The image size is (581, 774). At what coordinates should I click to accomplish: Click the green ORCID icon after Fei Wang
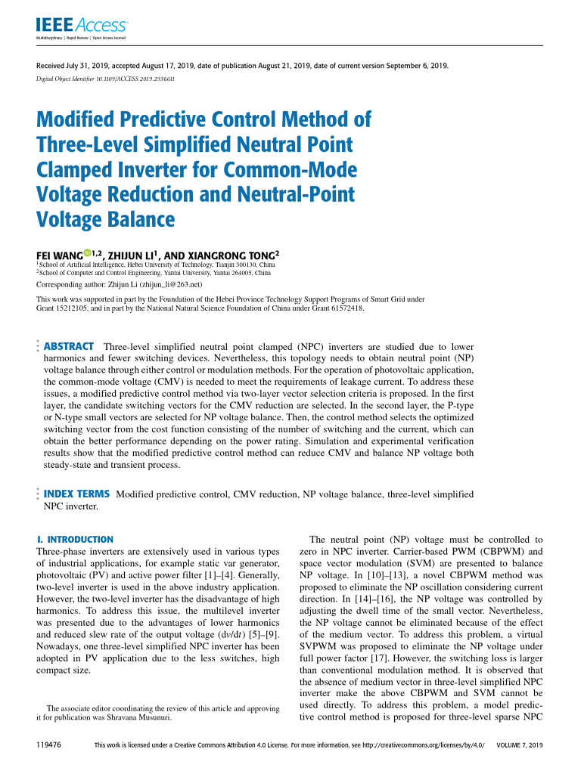(x=86, y=252)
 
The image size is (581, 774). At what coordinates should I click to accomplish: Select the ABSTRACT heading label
(x=71, y=346)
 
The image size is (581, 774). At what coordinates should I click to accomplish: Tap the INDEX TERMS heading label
(x=77, y=494)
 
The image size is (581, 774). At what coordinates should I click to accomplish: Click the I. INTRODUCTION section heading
(x=75, y=540)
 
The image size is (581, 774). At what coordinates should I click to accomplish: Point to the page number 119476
(x=48, y=745)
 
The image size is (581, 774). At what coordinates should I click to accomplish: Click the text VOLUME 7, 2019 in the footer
(x=520, y=745)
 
